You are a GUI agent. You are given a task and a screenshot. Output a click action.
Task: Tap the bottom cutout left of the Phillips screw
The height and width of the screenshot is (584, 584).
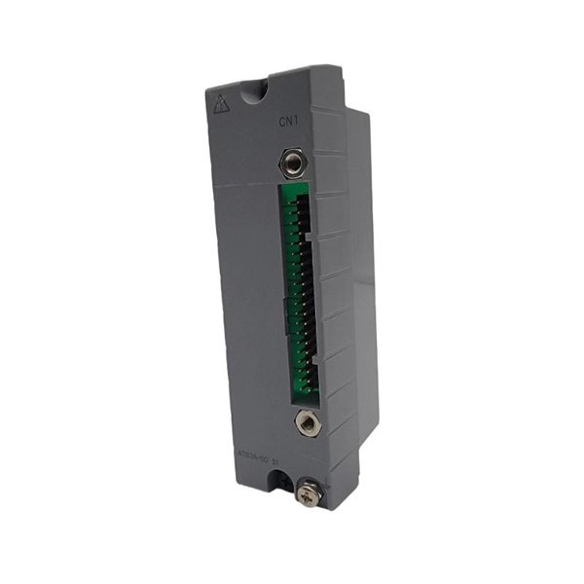coord(283,480)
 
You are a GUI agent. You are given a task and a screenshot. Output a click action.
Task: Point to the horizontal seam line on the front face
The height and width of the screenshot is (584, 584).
coord(243,184)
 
